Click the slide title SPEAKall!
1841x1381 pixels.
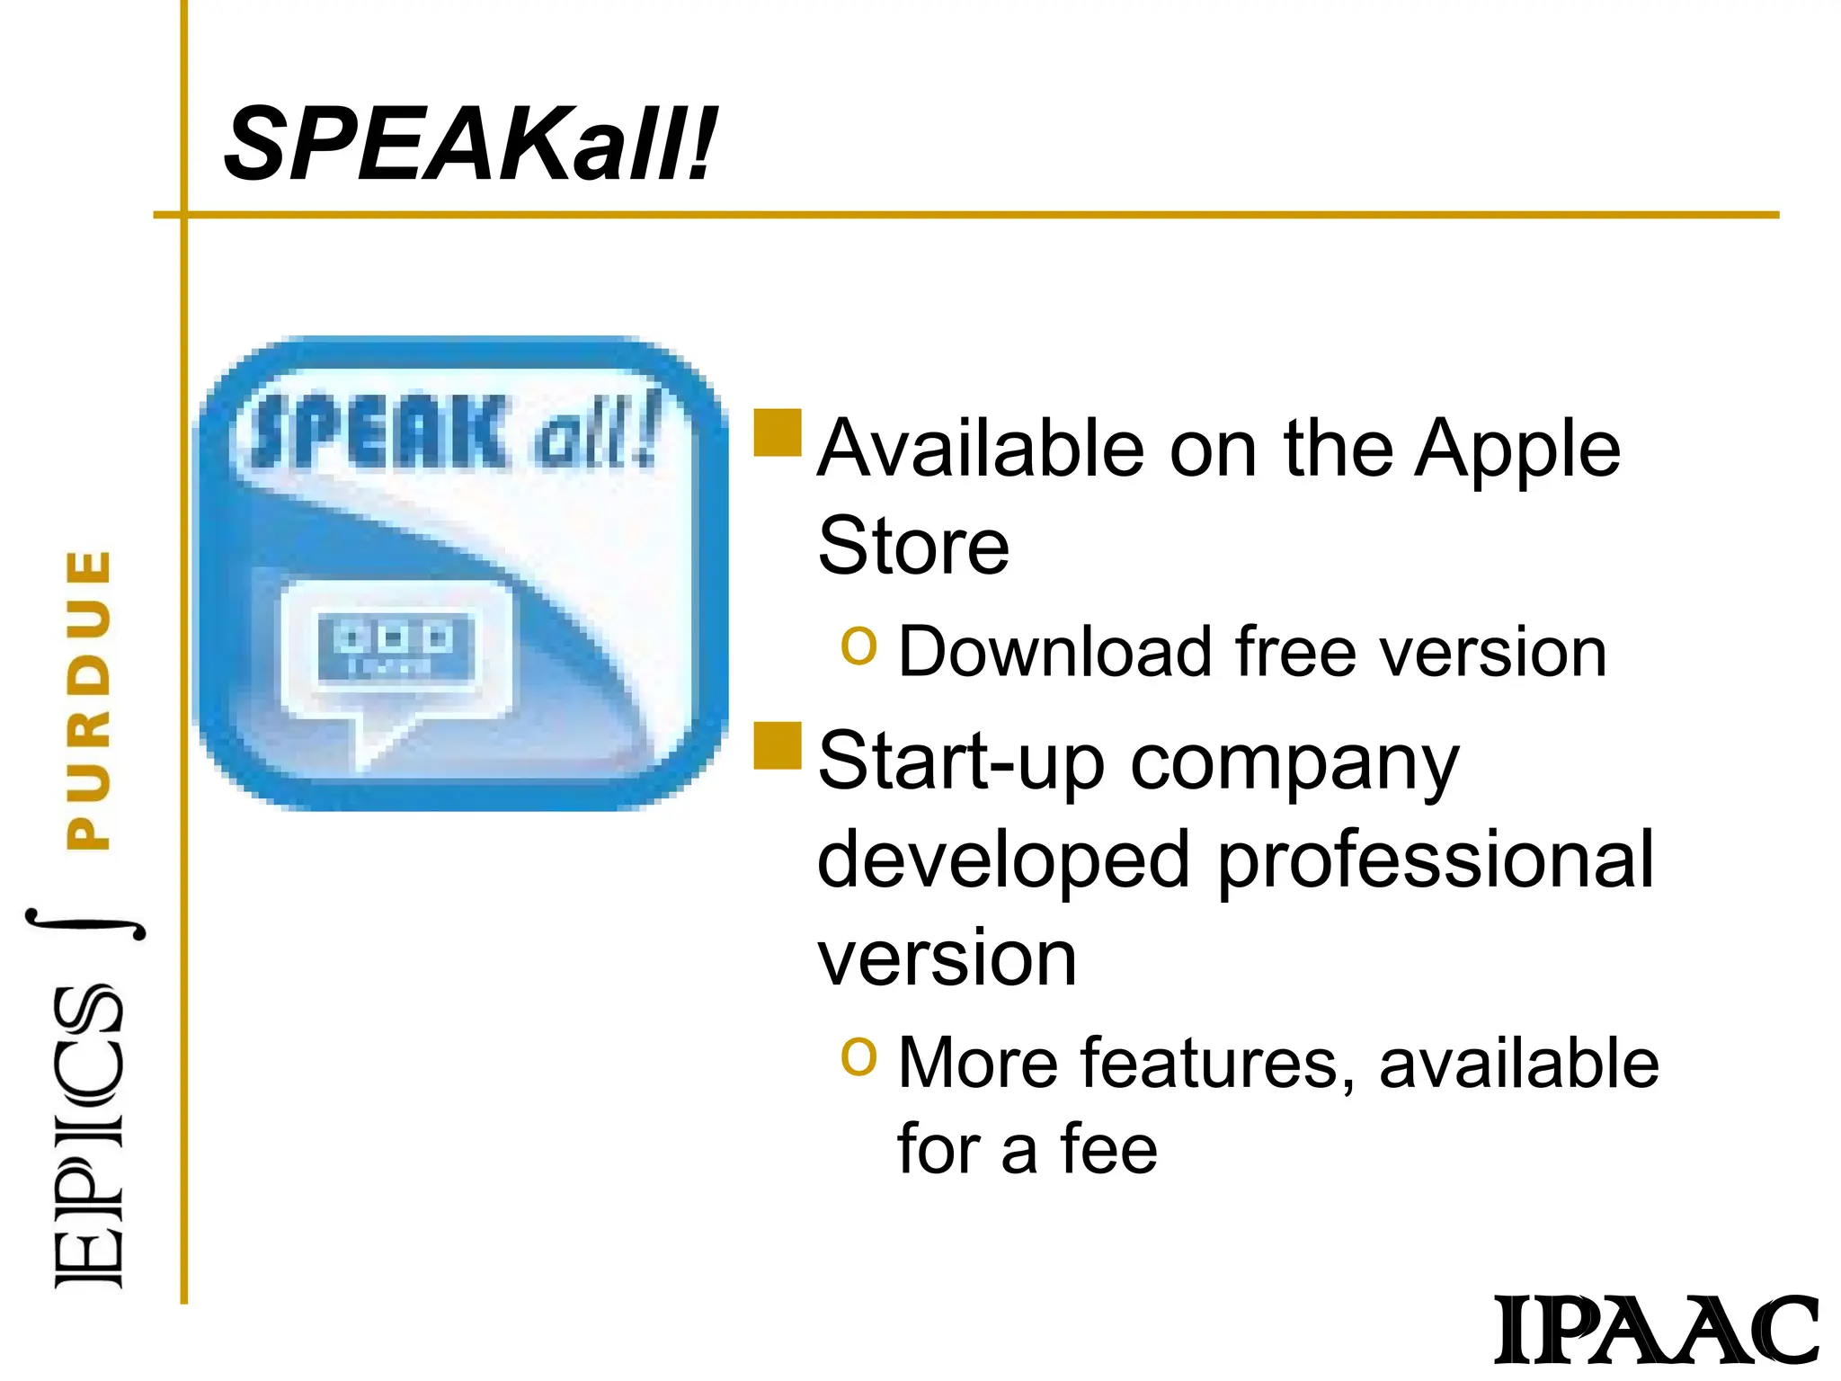click(x=470, y=144)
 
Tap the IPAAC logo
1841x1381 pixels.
click(x=1656, y=1330)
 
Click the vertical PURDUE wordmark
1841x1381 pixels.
click(x=90, y=699)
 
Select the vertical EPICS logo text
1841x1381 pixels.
click(x=88, y=1137)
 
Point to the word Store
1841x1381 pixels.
click(x=913, y=547)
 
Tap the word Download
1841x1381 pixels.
click(x=1055, y=652)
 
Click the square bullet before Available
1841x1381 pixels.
click(x=777, y=432)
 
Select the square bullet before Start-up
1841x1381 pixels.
click(x=777, y=746)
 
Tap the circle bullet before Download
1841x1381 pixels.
click(x=858, y=646)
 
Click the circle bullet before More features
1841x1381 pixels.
click(x=858, y=1056)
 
